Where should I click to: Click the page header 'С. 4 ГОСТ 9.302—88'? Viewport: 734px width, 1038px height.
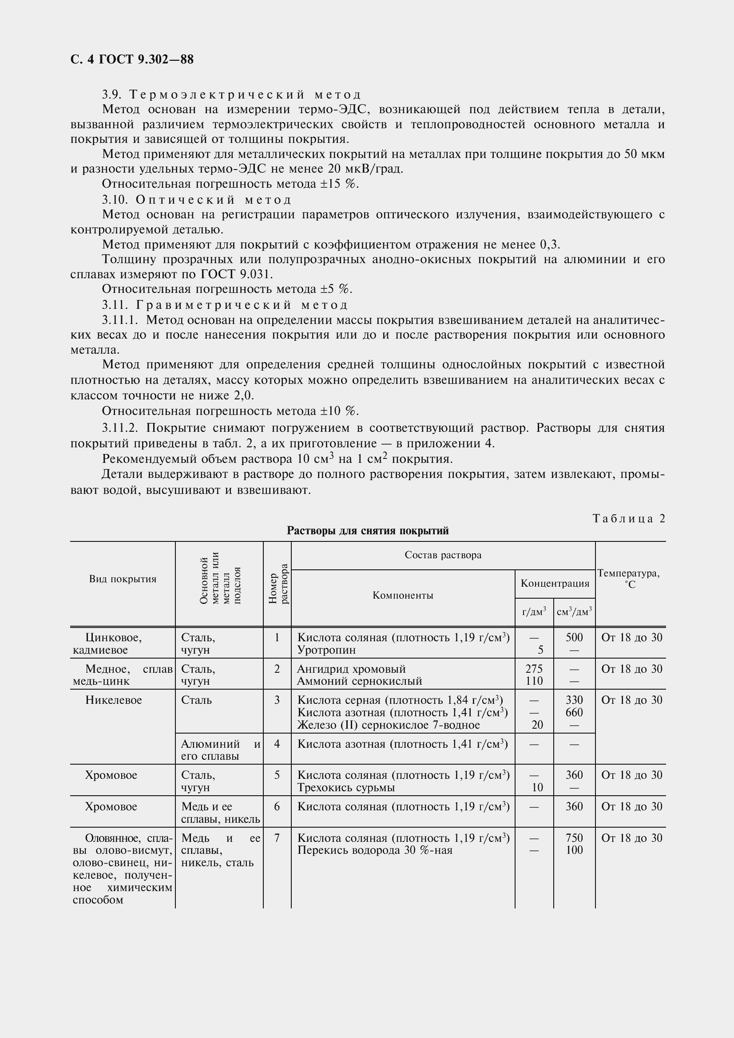132,59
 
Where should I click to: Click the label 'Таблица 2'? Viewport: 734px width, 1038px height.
629,518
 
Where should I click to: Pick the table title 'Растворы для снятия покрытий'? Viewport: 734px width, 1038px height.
368,531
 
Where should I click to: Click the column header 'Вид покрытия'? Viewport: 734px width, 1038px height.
123,579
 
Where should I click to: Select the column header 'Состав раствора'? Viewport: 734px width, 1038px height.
443,555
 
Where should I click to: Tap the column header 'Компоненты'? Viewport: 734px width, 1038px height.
402,596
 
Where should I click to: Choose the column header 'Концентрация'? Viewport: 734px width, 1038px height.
555,583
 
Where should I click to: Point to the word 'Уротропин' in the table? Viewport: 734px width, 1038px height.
326,650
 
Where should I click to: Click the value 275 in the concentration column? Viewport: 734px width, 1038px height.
534,669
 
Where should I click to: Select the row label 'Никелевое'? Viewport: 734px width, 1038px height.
114,700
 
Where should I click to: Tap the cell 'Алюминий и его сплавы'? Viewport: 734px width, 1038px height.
220,750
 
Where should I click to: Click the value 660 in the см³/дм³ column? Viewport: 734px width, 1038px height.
574,713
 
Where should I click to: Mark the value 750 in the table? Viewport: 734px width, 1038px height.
574,838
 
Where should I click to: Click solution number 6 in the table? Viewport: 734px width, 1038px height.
277,806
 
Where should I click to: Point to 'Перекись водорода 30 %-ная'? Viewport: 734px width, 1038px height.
374,850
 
